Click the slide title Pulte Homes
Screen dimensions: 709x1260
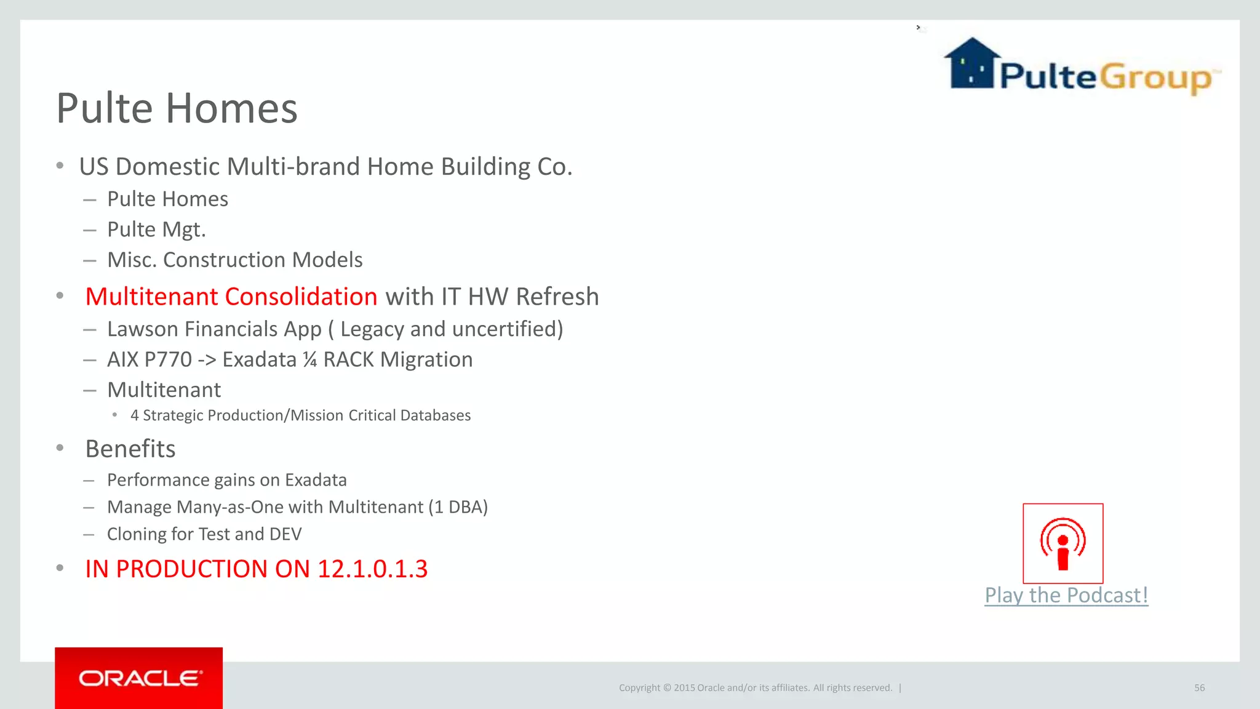[177, 108]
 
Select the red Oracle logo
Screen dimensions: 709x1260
[139, 678]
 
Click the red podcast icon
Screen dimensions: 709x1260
[1063, 543]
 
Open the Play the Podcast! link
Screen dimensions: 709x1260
[1066, 595]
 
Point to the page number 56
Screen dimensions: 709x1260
[1199, 687]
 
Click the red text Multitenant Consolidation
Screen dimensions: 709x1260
[231, 297]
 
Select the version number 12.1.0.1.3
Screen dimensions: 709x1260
[372, 569]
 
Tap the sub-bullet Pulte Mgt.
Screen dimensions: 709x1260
[156, 230]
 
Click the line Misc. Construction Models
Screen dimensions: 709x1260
[234, 260]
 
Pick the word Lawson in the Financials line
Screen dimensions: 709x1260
[143, 329]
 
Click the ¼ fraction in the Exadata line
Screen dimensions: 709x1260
[309, 359]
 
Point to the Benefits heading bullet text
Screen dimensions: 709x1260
[130, 449]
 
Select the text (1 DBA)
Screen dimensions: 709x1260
[458, 507]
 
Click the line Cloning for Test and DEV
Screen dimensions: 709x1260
[204, 534]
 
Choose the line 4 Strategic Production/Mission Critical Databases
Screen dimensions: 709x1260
[300, 415]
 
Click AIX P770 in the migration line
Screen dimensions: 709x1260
[150, 359]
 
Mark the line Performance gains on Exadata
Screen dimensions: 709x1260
[226, 480]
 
